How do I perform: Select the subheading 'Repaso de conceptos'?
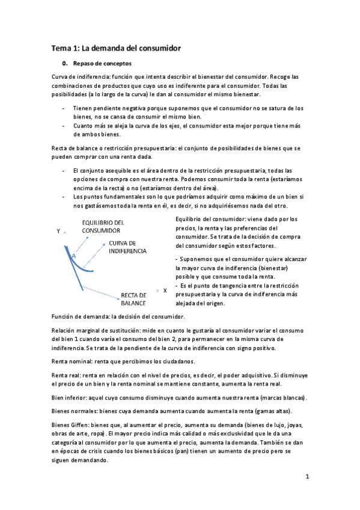tap(102, 63)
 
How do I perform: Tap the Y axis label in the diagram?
tap(58, 231)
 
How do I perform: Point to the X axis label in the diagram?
tap(165, 290)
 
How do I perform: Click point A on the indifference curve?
tap(74, 256)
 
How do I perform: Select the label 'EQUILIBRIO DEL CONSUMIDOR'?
tap(103, 226)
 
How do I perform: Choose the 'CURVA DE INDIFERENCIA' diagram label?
tap(127, 247)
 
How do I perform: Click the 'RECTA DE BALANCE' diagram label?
tap(133, 299)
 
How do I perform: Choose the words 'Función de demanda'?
tap(78, 316)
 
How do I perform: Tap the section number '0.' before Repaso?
tap(65, 63)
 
